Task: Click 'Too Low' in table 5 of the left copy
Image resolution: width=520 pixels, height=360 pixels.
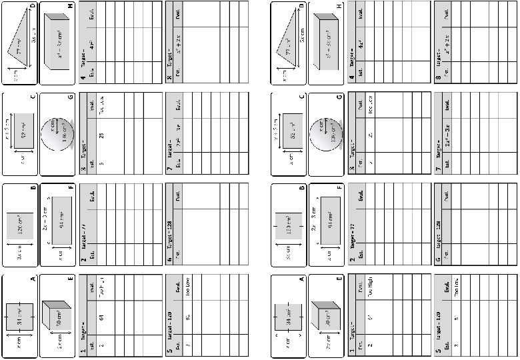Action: pyautogui.click(x=189, y=303)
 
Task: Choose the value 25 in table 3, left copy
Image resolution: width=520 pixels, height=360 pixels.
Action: pyautogui.click(x=101, y=135)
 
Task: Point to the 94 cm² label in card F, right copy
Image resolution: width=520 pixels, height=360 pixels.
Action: pyautogui.click(x=327, y=223)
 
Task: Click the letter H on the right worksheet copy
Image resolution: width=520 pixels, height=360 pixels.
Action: pyautogui.click(x=339, y=6)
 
